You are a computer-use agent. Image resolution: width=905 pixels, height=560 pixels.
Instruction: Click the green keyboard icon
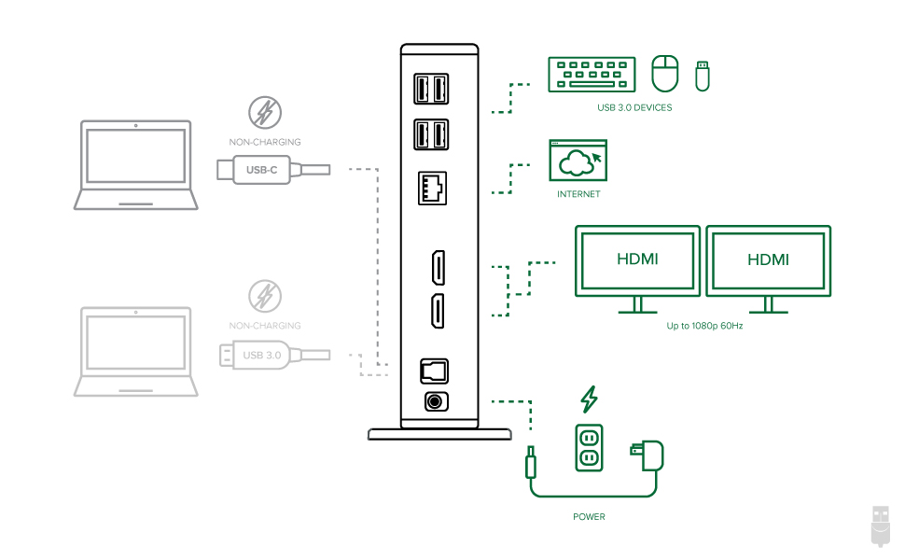[592, 75]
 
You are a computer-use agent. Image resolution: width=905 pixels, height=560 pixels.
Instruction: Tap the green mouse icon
[665, 74]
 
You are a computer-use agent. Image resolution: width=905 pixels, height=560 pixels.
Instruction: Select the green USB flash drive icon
[702, 77]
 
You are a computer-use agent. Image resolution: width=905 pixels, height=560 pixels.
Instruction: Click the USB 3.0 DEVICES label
[634, 107]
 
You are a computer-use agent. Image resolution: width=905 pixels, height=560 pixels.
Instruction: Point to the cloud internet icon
[578, 160]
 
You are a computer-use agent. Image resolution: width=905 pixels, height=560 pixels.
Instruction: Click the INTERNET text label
[578, 194]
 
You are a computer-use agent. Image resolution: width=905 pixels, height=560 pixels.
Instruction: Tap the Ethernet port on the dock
[432, 189]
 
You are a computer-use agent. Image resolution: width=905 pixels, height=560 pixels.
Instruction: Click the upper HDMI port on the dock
[439, 267]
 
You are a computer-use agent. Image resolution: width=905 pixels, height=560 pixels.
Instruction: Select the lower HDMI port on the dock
[439, 311]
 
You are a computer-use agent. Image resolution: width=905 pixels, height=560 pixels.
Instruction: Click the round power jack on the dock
[436, 401]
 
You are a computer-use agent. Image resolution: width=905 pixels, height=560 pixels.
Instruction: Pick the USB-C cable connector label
[261, 170]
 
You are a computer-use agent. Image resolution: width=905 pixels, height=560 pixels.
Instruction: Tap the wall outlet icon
[589, 447]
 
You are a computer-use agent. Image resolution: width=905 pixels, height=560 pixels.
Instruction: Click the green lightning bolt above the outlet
[589, 399]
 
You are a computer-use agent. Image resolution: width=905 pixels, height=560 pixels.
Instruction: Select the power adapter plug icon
[647, 455]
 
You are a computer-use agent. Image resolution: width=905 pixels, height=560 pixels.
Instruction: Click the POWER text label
[589, 517]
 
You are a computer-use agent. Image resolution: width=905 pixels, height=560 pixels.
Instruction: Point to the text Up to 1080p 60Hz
[704, 326]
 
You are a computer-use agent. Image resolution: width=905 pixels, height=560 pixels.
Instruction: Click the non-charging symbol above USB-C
[265, 113]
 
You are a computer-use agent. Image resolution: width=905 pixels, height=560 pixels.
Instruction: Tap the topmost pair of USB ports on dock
[431, 89]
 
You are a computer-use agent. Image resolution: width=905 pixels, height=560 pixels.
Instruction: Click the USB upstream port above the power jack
[434, 371]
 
